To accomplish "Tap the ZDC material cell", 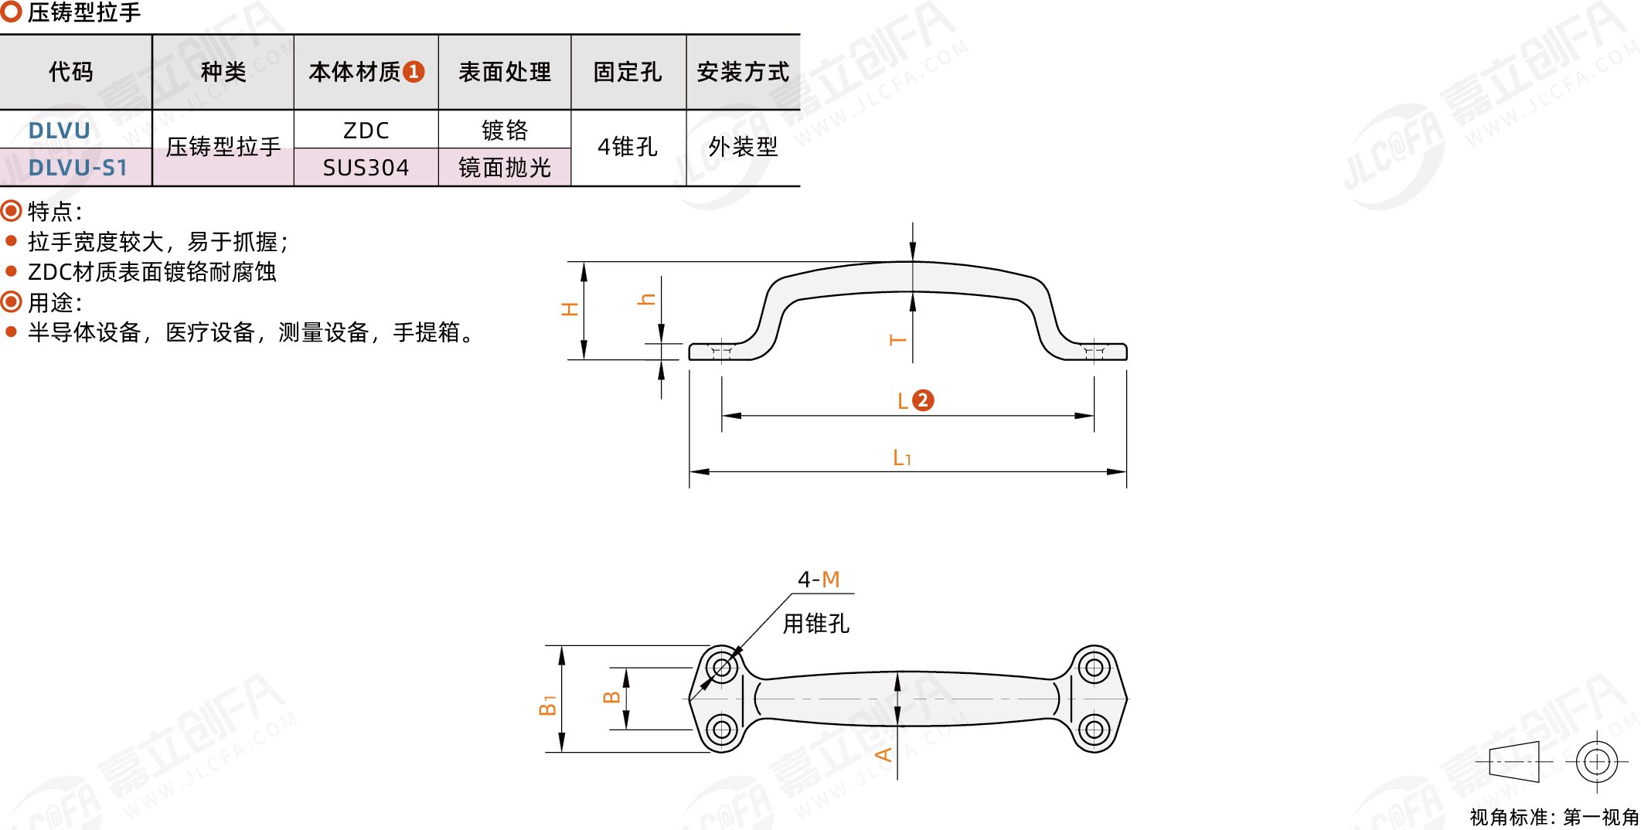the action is tap(366, 131).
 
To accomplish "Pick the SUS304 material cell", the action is tap(366, 168).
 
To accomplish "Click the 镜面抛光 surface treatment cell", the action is tap(505, 168).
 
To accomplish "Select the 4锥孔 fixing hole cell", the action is tap(628, 147).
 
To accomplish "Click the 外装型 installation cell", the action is tap(743, 147).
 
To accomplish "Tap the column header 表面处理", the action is tap(505, 72).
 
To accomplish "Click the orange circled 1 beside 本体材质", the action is tap(414, 72).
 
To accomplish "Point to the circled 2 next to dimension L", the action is tap(923, 400).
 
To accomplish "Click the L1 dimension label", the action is tap(902, 458).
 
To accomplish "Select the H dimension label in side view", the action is tap(570, 309).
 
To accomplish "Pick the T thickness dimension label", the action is tap(897, 340).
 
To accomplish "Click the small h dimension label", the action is tap(646, 299).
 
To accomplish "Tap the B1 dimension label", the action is tap(547, 705).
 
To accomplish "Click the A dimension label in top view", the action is tap(883, 754).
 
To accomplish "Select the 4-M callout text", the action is tap(819, 579).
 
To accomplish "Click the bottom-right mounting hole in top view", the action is tap(1094, 729).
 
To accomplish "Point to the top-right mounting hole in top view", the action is tap(1094, 667).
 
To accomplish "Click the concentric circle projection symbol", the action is tap(1597, 762).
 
